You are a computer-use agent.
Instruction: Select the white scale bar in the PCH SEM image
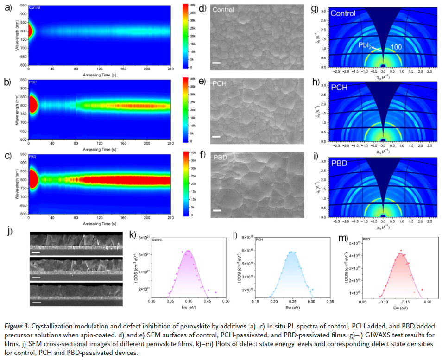coord(216,137)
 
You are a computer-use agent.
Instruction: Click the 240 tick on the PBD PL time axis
coord(170,218)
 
